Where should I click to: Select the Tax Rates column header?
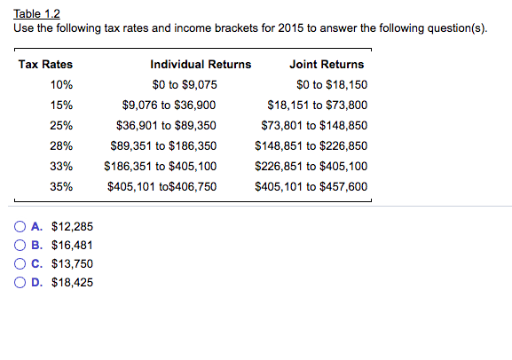45,65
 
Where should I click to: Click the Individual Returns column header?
201,65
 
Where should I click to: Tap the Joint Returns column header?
327,65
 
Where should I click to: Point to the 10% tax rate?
61,85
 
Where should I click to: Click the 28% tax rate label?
61,146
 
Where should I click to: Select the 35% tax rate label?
61,187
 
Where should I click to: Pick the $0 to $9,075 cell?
185,85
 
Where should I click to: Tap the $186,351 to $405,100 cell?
161,167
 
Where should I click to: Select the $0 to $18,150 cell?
333,85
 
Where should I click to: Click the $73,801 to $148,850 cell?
311,126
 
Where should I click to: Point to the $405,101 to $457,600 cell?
311,187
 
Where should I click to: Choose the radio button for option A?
20,226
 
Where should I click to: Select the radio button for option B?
20,245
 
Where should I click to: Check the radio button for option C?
20,263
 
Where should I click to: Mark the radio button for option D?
20,282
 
